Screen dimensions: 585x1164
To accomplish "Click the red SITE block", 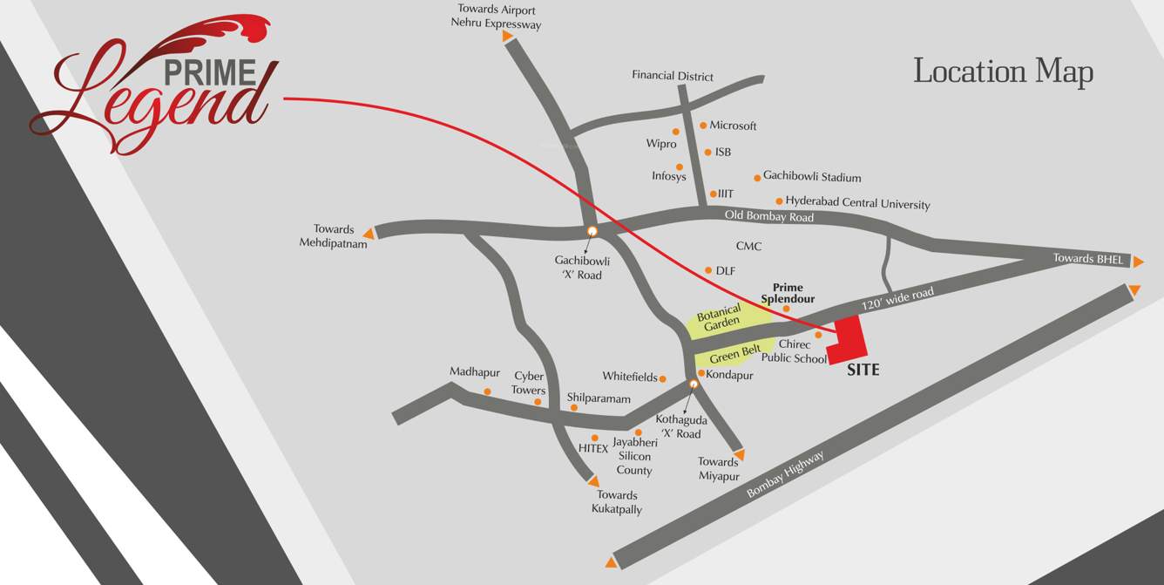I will (848, 341).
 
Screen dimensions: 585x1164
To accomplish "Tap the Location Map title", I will (1003, 71).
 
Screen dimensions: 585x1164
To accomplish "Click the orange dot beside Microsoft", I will (703, 126).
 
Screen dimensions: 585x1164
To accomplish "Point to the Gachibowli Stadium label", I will (812, 177).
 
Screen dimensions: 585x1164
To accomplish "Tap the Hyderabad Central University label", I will (857, 203).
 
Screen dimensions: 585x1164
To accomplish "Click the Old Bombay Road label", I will (769, 216).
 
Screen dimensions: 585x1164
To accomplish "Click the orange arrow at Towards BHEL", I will (1138, 261).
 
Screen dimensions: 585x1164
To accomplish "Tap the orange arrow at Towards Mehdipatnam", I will (369, 233).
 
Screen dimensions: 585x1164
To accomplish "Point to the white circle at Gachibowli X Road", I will (592, 231).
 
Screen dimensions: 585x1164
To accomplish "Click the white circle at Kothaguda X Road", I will (694, 384).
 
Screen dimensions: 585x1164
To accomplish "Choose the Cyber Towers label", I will (529, 384).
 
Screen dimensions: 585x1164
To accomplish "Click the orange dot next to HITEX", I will (595, 438).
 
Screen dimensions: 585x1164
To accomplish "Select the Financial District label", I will (673, 76).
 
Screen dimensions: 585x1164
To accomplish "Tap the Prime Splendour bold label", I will (788, 293).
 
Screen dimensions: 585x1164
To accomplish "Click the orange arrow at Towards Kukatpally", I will (594, 481).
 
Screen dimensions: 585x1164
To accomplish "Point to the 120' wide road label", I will (897, 299).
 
